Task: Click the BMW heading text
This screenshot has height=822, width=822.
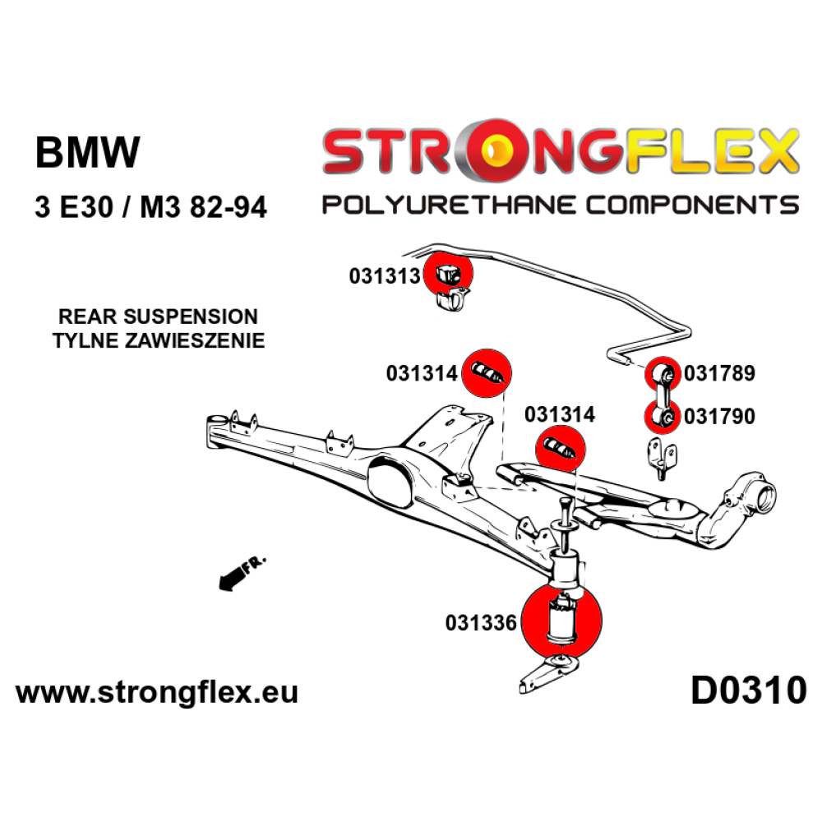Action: [x=88, y=153]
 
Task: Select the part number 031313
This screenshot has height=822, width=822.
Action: [x=385, y=275]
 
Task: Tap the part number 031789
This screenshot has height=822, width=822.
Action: [x=719, y=373]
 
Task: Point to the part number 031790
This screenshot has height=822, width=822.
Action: [x=719, y=416]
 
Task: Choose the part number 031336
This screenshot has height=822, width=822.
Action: [x=481, y=623]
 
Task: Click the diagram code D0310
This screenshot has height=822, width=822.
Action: [x=749, y=690]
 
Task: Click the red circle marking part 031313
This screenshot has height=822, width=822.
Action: [x=447, y=273]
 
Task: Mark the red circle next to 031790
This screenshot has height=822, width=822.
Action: [x=662, y=417]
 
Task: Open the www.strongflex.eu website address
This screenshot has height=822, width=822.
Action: [x=157, y=692]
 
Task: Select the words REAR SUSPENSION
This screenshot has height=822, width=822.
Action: [x=158, y=316]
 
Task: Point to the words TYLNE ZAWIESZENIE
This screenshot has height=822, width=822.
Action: [x=159, y=341]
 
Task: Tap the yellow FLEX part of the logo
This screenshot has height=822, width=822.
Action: [x=710, y=152]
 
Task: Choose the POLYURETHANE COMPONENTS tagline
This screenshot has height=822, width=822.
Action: [x=561, y=205]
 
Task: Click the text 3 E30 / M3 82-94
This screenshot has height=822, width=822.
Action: [x=151, y=207]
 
